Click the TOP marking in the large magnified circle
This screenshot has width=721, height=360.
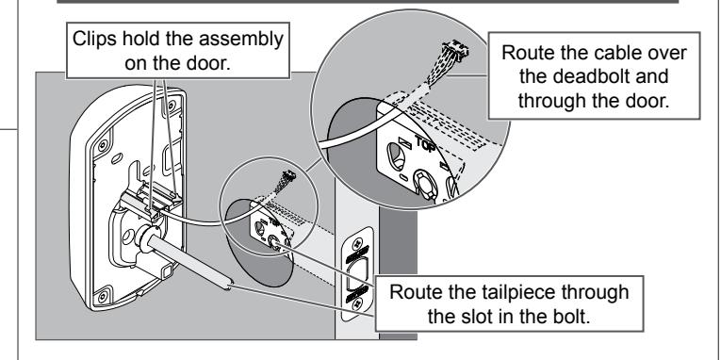pyautogui.click(x=426, y=143)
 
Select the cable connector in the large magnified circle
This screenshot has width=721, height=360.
pyautogui.click(x=455, y=51)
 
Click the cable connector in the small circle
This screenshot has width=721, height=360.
pyautogui.click(x=289, y=175)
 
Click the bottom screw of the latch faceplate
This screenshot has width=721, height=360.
pyautogui.click(x=355, y=303)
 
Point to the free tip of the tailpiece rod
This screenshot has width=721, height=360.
pyautogui.click(x=229, y=286)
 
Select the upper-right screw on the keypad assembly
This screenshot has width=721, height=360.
pyautogui.click(x=172, y=106)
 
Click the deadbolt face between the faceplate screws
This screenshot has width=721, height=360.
pyautogui.click(x=357, y=273)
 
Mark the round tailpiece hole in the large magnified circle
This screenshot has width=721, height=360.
pyautogui.click(x=425, y=184)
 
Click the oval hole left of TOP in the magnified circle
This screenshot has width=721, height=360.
pyautogui.click(x=396, y=155)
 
